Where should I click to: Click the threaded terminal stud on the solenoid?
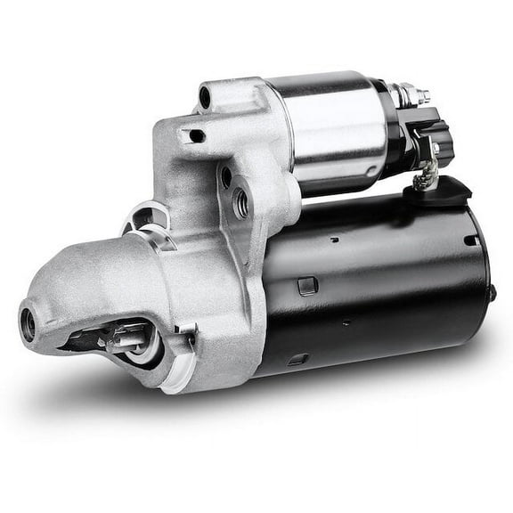419,93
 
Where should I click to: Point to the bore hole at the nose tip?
28,322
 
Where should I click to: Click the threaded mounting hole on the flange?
239,204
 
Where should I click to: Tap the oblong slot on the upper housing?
192,135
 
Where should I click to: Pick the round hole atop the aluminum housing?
207,96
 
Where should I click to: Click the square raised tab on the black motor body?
306,285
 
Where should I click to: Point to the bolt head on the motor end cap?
490,293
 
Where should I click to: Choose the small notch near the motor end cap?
468,240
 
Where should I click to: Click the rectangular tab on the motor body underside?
298,359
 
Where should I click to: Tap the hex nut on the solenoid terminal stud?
409,93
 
